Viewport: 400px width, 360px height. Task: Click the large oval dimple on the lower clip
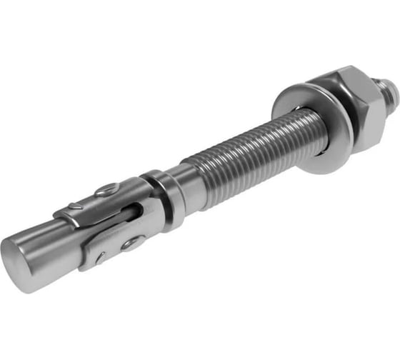131,243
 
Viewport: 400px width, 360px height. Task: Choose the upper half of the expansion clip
100,200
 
